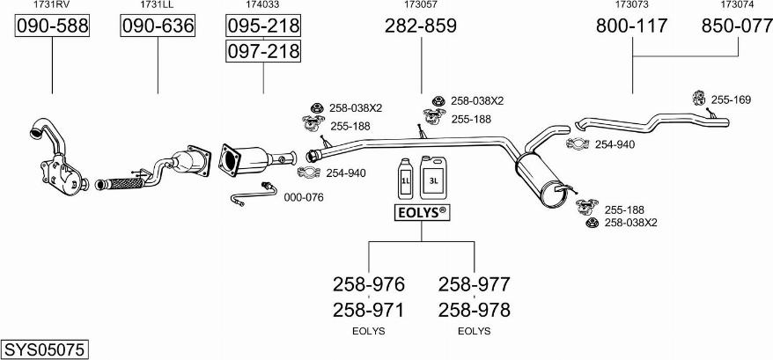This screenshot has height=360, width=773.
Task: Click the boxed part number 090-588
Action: [x=52, y=26]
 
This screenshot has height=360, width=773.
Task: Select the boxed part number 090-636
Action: [x=158, y=26]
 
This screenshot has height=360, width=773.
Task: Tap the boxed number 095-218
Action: [x=263, y=25]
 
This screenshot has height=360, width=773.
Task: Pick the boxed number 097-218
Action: [x=263, y=51]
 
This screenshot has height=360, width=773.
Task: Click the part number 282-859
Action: [x=420, y=26]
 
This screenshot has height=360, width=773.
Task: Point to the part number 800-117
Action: [x=632, y=26]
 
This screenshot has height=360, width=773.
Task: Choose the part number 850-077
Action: [x=737, y=26]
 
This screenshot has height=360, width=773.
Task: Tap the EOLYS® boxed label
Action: [x=420, y=212]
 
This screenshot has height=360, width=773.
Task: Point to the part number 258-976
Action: [x=368, y=284]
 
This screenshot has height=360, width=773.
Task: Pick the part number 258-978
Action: [x=474, y=310]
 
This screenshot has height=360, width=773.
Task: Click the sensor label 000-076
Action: [x=304, y=197]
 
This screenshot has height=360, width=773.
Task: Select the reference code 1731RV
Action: [x=52, y=5]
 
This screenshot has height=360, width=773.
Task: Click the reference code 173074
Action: [x=736, y=5]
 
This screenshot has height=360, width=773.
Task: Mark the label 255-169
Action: [x=731, y=100]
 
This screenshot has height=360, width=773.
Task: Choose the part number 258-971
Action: [x=368, y=310]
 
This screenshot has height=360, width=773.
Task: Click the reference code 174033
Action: [x=262, y=5]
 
